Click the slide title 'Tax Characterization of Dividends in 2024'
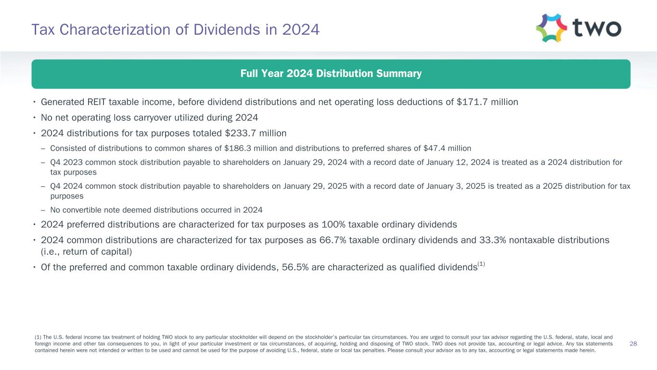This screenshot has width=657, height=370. tap(175, 30)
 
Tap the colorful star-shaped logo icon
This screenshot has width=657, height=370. tap(552, 28)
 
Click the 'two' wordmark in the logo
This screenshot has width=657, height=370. tap(597, 28)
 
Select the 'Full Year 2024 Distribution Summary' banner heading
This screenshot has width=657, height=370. tap(331, 74)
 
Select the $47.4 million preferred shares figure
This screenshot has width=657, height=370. tap(448, 148)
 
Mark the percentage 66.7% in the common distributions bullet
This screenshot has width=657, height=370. tap(333, 240)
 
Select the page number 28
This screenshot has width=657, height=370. tap(633, 344)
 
